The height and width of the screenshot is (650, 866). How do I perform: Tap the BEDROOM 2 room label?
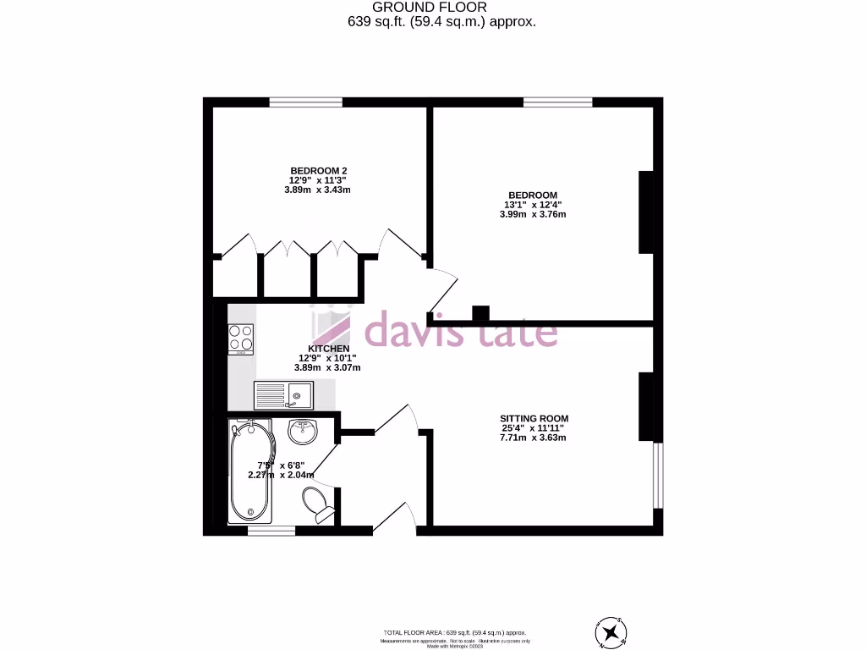318,170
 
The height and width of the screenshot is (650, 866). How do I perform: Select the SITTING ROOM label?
534,418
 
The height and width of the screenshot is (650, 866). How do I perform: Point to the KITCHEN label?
329,348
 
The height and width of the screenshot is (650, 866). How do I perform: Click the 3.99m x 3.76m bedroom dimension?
533,214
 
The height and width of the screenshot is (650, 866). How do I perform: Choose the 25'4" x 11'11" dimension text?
534,428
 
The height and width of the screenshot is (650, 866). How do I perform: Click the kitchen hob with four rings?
240,338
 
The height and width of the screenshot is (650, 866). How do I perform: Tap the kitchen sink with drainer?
283,394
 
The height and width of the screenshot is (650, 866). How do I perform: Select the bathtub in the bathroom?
251,471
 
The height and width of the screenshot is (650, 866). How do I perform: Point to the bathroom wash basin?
302,431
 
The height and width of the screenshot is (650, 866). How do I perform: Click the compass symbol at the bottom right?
611,631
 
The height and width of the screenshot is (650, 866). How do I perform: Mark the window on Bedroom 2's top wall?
306,102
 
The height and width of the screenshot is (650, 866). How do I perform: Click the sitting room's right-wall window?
658,475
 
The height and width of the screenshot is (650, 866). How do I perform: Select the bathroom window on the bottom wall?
271,531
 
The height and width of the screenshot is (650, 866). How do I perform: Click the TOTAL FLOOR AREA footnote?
455,632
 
